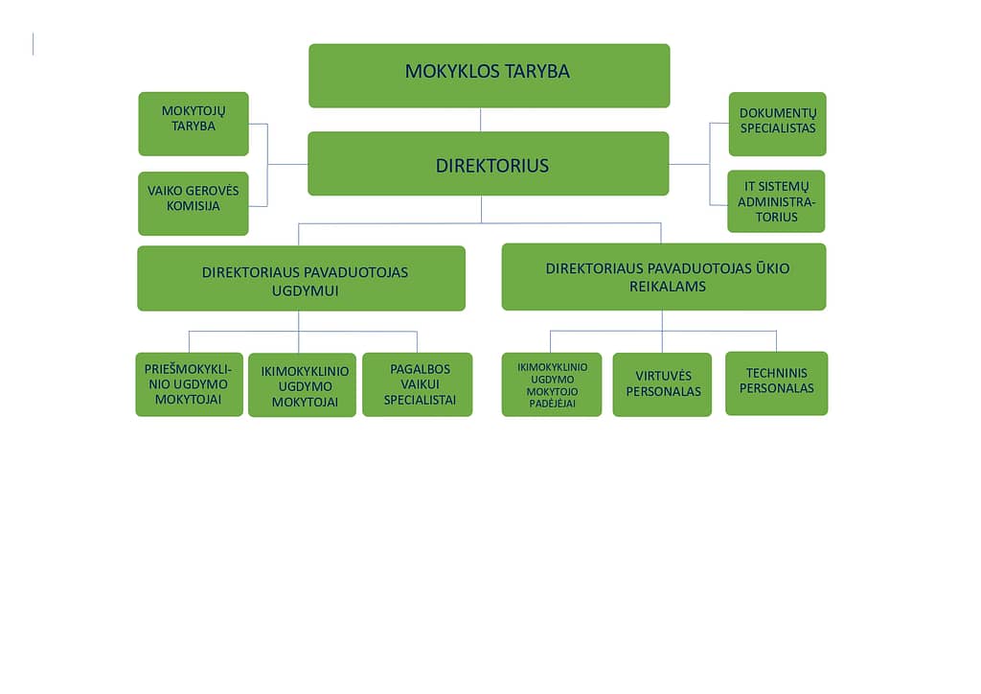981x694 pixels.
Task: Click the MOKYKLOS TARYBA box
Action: (x=490, y=76)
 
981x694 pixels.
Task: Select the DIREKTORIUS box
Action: (x=488, y=163)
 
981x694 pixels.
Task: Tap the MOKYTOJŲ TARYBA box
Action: (x=194, y=124)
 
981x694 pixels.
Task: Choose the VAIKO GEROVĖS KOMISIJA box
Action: (x=194, y=203)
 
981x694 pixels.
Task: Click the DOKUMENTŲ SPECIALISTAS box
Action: (x=777, y=124)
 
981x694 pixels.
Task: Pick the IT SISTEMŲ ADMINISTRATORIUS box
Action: (x=776, y=201)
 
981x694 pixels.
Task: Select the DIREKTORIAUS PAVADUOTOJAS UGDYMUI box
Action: (x=301, y=279)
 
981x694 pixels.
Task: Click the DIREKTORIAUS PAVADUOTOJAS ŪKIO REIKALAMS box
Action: (x=664, y=277)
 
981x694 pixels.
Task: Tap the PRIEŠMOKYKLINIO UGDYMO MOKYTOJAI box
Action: (x=189, y=384)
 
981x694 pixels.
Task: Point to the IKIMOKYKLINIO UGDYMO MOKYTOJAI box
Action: (x=302, y=384)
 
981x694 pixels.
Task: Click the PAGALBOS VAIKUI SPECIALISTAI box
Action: (x=418, y=384)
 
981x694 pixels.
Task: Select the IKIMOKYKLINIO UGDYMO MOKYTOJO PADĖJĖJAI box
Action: (x=552, y=384)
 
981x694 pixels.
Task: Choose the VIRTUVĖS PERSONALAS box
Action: (x=662, y=384)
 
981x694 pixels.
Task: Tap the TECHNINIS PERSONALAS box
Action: (x=776, y=383)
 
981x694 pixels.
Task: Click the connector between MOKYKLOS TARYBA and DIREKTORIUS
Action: (x=481, y=120)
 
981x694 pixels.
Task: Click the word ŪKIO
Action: (x=773, y=267)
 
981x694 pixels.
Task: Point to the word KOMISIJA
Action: (x=194, y=206)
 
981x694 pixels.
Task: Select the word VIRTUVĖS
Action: (x=664, y=376)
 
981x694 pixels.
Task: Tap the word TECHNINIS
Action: (x=776, y=373)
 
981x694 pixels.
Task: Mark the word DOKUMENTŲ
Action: (x=778, y=113)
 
